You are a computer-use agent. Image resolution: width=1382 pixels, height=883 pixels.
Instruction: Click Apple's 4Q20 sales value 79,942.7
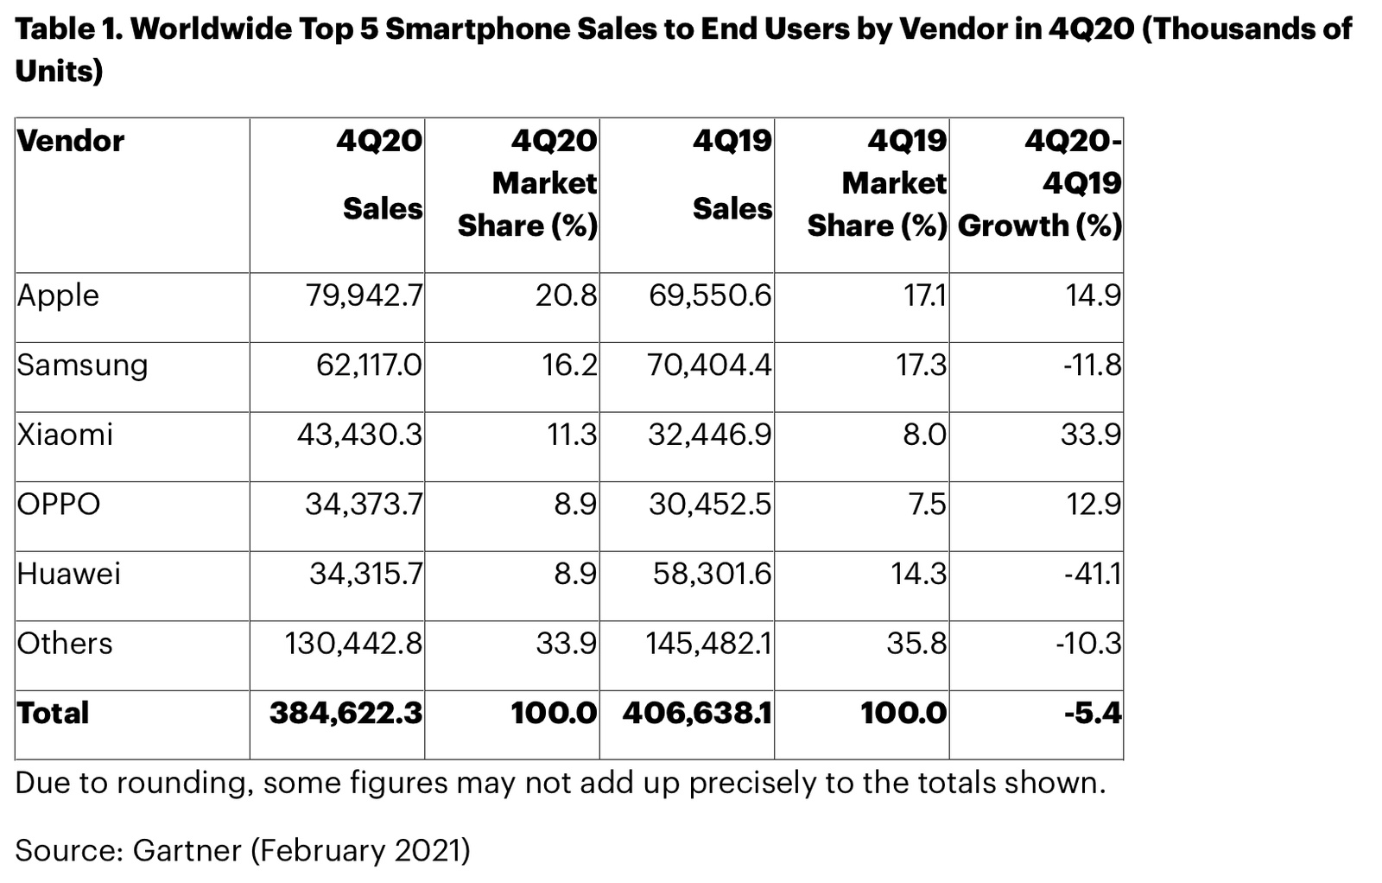pos(364,296)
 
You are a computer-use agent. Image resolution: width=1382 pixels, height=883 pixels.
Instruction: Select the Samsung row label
pos(82,365)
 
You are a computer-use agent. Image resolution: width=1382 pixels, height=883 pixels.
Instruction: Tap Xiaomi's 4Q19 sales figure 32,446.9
pos(710,435)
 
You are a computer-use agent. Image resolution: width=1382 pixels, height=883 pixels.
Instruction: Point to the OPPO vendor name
pos(59,505)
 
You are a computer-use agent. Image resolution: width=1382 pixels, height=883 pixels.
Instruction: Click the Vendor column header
pos(71,141)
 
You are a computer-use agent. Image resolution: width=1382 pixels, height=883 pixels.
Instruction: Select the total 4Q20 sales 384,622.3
pos(345,714)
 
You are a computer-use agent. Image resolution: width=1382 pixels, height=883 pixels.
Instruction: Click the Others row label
pos(65,644)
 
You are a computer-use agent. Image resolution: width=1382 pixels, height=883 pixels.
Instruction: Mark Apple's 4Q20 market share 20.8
pos(566,296)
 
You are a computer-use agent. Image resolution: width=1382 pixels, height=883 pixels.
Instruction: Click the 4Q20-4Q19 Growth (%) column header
pos(1040,183)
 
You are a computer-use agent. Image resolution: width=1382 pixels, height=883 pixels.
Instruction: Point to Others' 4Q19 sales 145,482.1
pos(708,644)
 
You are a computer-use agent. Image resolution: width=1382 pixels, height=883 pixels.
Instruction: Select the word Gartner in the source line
pos(187,851)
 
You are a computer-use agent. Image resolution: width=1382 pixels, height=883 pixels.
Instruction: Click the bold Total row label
pos(53,714)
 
